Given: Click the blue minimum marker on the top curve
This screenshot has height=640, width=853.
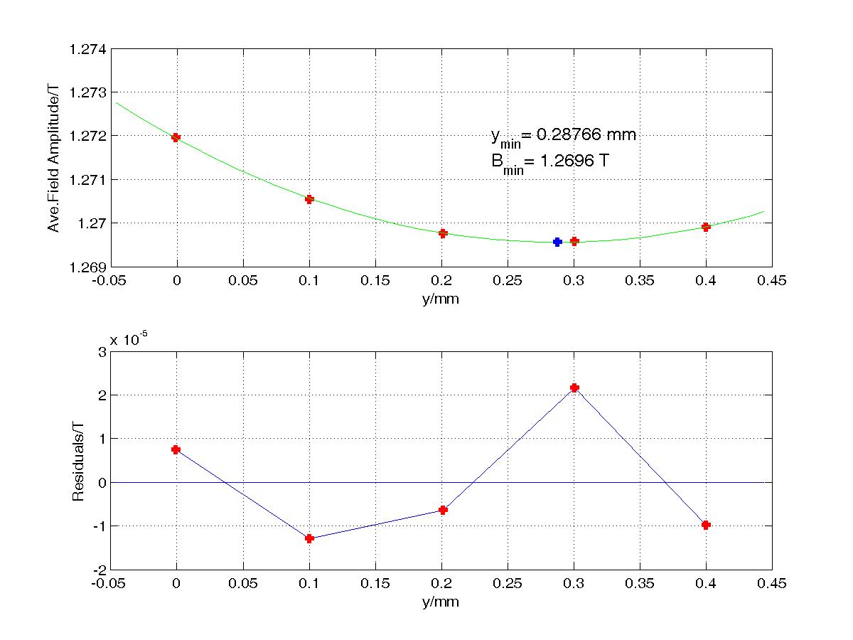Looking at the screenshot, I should (557, 242).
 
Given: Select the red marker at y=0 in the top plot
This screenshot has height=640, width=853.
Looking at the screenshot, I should (176, 137).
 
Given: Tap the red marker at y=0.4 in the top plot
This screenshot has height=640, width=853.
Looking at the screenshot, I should (706, 227).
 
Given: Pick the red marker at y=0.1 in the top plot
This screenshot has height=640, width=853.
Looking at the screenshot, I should (309, 199).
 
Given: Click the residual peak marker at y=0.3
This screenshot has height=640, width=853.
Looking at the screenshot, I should (574, 388).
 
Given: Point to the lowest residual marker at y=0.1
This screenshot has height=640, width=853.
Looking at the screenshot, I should (309, 538).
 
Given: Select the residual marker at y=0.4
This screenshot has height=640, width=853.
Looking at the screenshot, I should (706, 525).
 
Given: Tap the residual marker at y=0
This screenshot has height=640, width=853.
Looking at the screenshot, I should (176, 449).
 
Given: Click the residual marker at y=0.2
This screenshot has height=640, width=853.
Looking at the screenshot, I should (443, 510).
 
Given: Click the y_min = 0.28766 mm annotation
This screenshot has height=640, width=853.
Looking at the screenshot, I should (562, 135).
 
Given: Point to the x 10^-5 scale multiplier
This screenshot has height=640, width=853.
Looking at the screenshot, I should (129, 339).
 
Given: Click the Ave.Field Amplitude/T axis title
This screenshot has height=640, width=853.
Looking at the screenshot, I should (53, 156).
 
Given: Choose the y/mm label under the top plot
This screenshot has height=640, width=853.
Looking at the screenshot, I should (441, 299).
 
